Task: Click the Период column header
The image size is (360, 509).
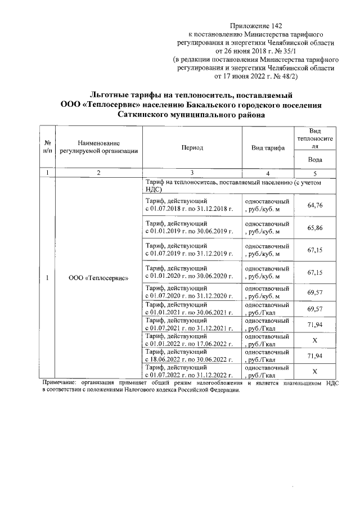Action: coord(192,147)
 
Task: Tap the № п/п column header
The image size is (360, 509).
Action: coord(48,147)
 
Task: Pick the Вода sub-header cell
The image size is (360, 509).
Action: coord(315,159)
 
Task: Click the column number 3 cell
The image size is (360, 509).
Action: coord(192,173)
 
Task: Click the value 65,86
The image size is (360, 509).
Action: coord(315,228)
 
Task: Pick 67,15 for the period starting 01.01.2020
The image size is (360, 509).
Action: coord(315,272)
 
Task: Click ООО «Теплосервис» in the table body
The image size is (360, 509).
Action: coord(98,277)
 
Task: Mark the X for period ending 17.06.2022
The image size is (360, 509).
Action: coord(315,340)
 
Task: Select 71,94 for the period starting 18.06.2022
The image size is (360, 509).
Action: coord(315,356)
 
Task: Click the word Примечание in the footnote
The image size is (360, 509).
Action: coord(63,383)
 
